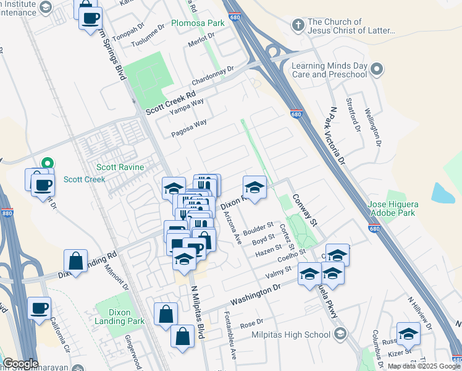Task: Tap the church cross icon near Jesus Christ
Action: click(298, 25)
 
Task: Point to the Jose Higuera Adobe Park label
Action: click(393, 209)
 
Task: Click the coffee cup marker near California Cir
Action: click(40, 308)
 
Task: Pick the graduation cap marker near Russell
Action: click(408, 334)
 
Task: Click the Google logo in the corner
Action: click(20, 364)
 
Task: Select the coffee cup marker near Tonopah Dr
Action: click(91, 18)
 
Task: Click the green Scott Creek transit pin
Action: click(45, 164)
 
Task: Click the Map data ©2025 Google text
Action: click(424, 366)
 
